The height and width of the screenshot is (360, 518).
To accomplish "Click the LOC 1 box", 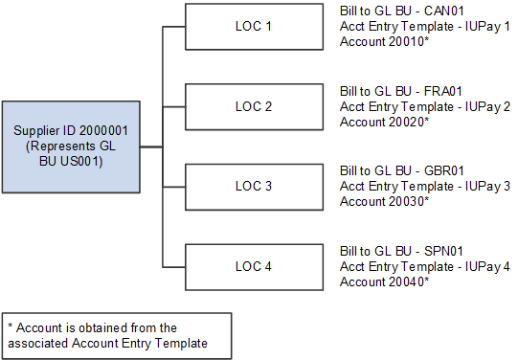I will coord(253,27).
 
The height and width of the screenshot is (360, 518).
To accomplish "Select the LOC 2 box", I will coord(253,106).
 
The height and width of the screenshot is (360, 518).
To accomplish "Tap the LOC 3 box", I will coord(253,186).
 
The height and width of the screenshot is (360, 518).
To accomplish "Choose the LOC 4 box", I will coord(253,265).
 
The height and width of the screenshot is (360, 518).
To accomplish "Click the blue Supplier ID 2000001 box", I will coord(71,146).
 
